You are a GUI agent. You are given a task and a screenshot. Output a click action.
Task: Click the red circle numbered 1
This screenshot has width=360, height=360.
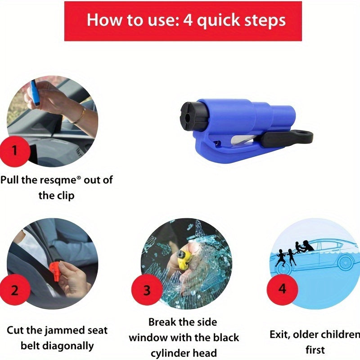pos(14,150)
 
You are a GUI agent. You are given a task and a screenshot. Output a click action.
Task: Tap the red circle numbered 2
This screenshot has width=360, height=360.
pos(14,290)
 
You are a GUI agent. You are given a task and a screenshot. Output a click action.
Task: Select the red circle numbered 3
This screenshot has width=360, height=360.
pos(147,290)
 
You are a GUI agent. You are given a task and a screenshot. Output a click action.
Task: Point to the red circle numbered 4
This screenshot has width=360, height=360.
pos(282,288)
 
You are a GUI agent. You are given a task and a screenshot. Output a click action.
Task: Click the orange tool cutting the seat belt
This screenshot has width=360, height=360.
pos(55,271)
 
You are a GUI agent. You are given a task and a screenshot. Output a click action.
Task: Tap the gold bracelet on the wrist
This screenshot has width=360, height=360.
pos(78,116)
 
